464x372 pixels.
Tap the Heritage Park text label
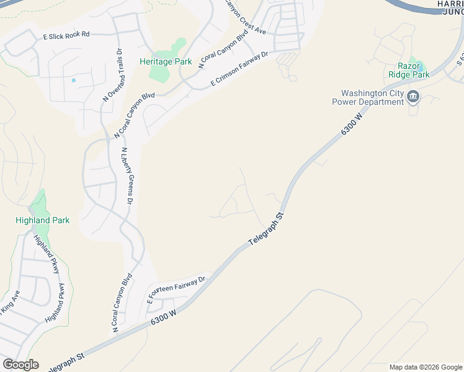click(x=166, y=61)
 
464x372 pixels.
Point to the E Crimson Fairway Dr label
click(x=239, y=68)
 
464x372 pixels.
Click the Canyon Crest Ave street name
click(x=244, y=17)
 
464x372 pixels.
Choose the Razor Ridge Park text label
click(x=409, y=70)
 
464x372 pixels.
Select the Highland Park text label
click(x=43, y=220)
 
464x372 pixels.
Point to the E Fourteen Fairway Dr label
click(x=176, y=289)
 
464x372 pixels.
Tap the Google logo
click(x=20, y=365)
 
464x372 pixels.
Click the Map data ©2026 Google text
click(x=426, y=367)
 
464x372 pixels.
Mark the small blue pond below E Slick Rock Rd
click(x=74, y=80)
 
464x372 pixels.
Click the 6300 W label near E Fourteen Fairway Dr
click(x=164, y=319)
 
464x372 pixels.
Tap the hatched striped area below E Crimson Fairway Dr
click(x=287, y=60)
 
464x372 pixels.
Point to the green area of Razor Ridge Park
click(x=420, y=65)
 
